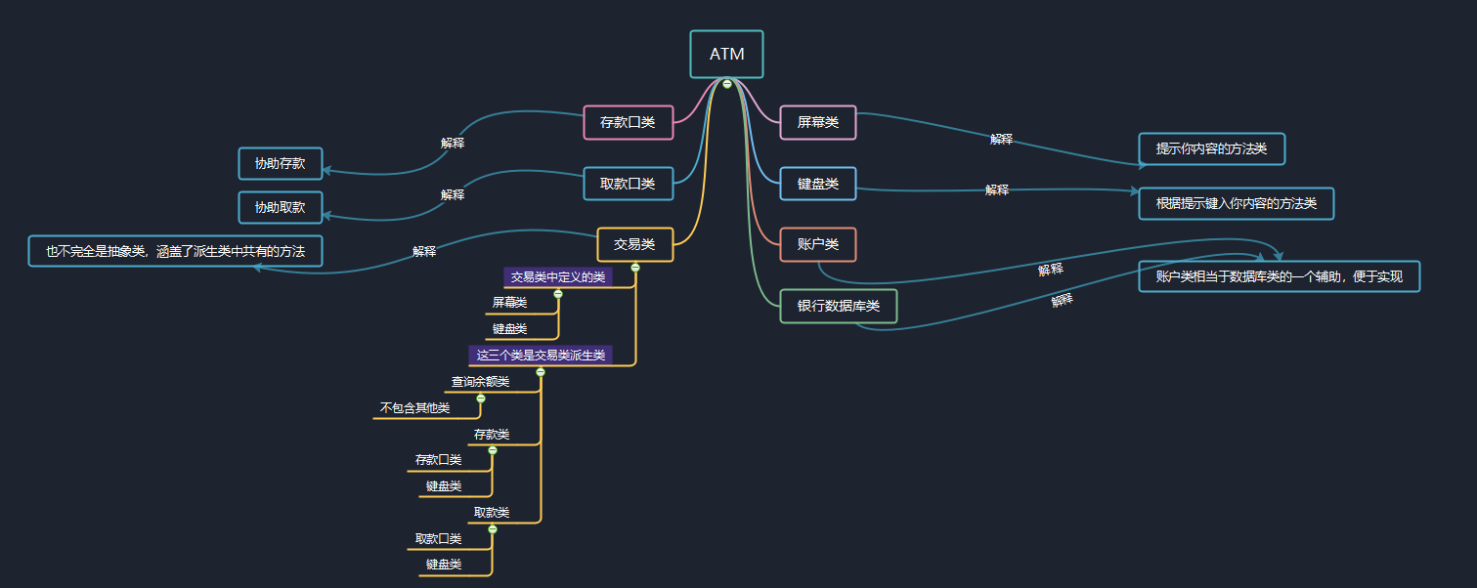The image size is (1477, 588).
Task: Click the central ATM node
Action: [726, 54]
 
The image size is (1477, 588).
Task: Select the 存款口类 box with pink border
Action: [628, 123]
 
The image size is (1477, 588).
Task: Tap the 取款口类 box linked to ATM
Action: [628, 184]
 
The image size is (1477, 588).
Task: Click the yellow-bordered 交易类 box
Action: [634, 244]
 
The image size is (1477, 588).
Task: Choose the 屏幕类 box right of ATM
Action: [818, 123]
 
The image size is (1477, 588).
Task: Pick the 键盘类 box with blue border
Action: [818, 184]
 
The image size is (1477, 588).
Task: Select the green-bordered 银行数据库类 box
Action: [839, 306]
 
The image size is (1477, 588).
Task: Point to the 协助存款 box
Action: [281, 163]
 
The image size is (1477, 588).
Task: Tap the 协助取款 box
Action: [281, 207]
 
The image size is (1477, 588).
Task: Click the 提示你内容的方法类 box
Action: [1211, 148]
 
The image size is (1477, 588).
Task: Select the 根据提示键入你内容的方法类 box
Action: [1236, 203]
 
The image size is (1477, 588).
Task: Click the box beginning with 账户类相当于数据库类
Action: [1279, 276]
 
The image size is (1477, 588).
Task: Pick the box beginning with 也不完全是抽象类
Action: [175, 251]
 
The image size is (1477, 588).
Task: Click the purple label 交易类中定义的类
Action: [558, 277]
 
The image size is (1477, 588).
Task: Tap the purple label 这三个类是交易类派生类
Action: [541, 355]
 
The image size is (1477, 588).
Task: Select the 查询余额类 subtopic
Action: [480, 382]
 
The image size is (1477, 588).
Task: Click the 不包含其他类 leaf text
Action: [414, 408]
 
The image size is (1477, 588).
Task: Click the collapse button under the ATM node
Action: [727, 84]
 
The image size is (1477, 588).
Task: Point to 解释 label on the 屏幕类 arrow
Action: [1001, 140]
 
